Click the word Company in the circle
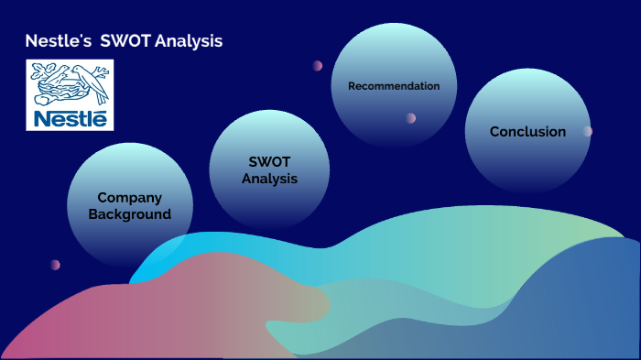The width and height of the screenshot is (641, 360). point(129,198)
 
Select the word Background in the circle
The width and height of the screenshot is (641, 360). point(129,214)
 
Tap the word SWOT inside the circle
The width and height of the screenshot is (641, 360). point(269,162)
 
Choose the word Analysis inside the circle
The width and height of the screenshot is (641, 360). point(269,179)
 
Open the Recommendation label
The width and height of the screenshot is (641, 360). point(394,86)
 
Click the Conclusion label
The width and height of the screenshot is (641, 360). point(527,132)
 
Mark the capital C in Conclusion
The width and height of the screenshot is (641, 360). point(495,132)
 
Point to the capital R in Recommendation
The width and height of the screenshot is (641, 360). point(352,86)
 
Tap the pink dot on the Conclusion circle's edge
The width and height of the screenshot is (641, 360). point(587,131)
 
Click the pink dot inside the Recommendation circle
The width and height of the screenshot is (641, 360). point(410,118)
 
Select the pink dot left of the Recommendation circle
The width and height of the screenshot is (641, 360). point(318,66)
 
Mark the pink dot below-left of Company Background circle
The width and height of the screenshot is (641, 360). point(55,265)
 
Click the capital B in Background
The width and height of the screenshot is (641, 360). point(93,214)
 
